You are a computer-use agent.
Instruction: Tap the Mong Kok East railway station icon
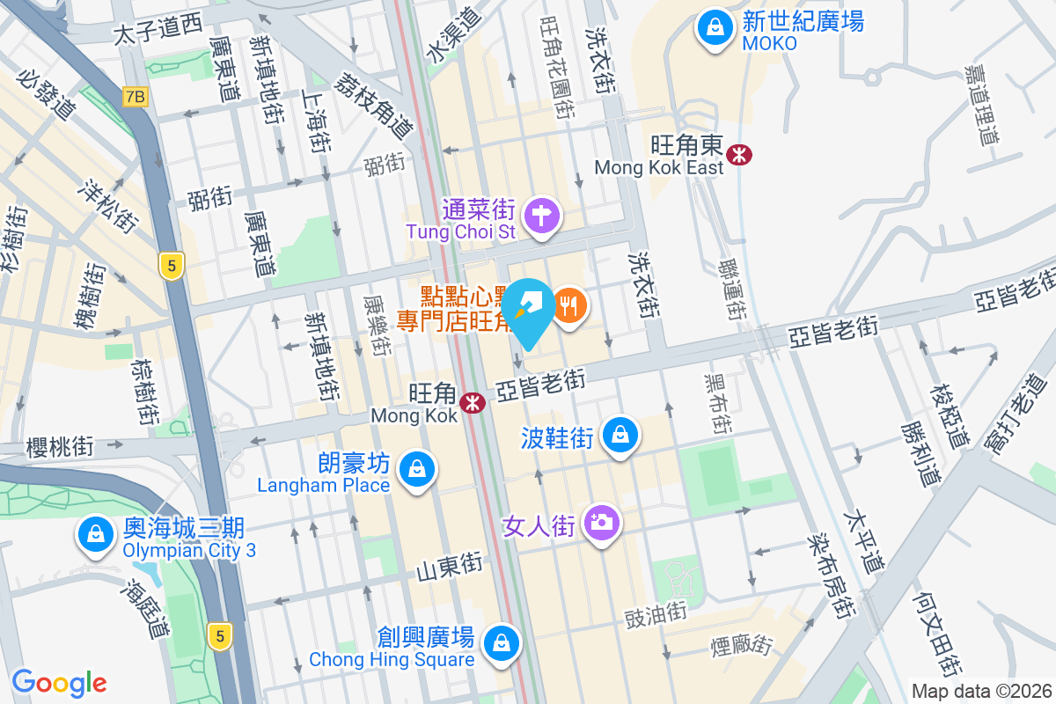click(740, 155)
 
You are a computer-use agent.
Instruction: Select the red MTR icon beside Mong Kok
click(473, 403)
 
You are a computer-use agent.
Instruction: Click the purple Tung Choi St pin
click(542, 214)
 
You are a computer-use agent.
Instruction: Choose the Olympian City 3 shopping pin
click(94, 534)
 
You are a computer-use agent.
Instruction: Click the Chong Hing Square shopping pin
click(501, 642)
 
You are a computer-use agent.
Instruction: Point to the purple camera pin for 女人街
click(602, 523)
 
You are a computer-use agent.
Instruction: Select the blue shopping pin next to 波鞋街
click(621, 435)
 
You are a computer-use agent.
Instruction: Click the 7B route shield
click(135, 97)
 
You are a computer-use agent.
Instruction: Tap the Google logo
click(59, 682)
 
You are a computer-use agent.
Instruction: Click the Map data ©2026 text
click(980, 692)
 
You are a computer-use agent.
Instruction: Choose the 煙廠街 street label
click(741, 646)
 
